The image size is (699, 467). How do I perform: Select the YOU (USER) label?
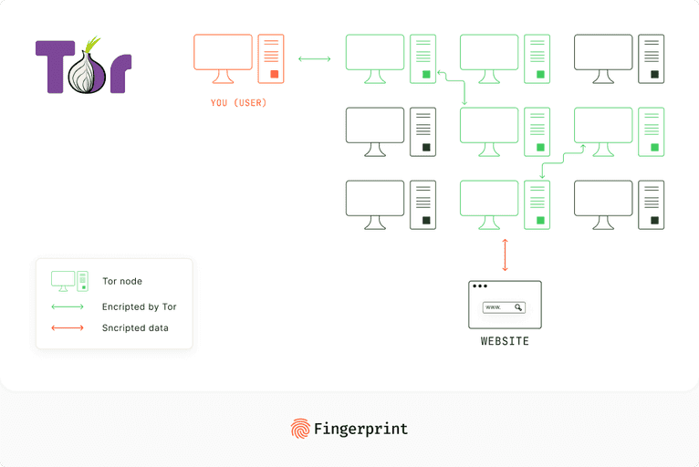point(238,103)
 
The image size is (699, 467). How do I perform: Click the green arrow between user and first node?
point(315,59)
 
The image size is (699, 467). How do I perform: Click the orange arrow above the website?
point(505,255)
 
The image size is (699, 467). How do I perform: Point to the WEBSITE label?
point(505,341)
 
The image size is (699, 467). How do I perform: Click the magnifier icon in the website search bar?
point(518,307)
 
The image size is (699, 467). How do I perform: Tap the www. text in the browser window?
point(494,307)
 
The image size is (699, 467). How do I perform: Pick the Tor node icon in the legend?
point(69,281)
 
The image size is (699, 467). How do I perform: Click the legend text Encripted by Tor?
point(139,306)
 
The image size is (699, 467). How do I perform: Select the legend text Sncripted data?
point(135,327)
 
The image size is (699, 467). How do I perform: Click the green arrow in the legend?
point(68,306)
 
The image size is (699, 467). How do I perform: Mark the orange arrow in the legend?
point(68,327)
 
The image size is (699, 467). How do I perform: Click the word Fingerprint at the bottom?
point(360,429)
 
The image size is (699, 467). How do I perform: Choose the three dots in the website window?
point(479,287)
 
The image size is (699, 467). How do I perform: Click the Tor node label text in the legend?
point(122,281)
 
